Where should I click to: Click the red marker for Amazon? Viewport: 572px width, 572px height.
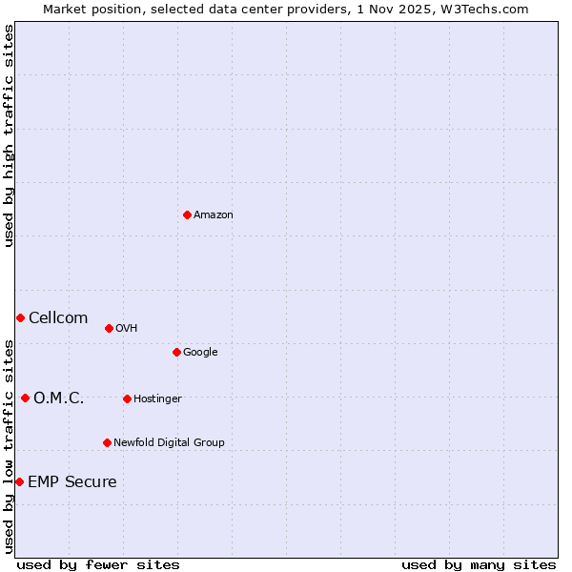(x=187, y=214)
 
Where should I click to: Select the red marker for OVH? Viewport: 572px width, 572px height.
(x=109, y=328)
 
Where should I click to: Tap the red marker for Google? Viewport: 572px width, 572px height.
(x=176, y=352)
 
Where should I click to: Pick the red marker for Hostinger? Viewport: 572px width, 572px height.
(x=127, y=398)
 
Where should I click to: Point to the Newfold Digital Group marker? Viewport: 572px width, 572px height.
(x=107, y=442)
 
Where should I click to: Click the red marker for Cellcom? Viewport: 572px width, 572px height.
(x=20, y=317)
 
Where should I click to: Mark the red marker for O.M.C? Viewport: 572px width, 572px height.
(x=25, y=398)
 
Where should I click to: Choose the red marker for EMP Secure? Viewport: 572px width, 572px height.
(x=19, y=481)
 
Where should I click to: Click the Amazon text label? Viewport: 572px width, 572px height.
(x=214, y=215)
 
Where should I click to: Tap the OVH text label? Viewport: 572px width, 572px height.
(x=127, y=329)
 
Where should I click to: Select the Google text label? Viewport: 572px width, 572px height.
(x=200, y=353)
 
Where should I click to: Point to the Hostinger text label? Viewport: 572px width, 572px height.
(x=157, y=398)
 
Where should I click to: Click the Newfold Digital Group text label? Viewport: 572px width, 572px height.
(x=169, y=442)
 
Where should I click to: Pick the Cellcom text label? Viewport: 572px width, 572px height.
(x=58, y=318)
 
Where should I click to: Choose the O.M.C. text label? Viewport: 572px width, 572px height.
(x=59, y=398)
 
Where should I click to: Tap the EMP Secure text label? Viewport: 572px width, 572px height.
(x=72, y=482)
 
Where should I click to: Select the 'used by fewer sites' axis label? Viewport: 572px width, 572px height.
(x=98, y=564)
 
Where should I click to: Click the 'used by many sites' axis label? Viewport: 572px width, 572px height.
(x=479, y=564)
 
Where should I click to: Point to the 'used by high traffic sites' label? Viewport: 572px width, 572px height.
(x=9, y=135)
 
